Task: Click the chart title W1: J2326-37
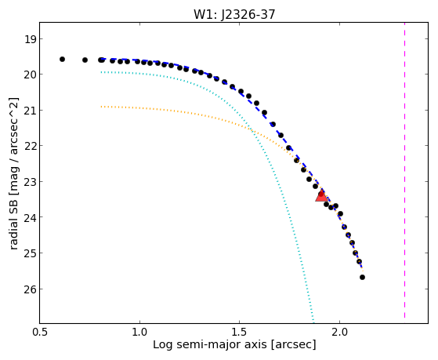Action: coord(234,15)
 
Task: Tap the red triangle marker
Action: coord(321,195)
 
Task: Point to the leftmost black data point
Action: coord(63,59)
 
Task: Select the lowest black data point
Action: coord(362,277)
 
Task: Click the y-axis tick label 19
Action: coord(31,39)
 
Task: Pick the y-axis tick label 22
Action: coord(31,146)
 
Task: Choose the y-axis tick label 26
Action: coord(31,289)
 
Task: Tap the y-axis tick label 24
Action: coord(31,217)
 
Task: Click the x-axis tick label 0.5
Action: coord(40,333)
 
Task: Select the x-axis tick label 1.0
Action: coord(139,333)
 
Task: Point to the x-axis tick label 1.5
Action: coord(240,333)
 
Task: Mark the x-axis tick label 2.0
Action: coord(339,333)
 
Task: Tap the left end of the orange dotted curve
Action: coord(101,107)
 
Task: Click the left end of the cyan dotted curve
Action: coord(101,72)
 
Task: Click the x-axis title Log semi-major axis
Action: coord(209,344)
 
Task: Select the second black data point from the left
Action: coord(85,60)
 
